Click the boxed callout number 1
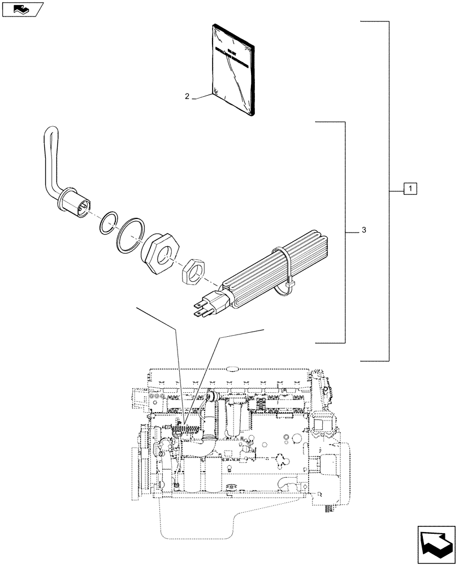pos(410,189)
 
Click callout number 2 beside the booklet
pos(187,96)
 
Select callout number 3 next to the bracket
pos(364,230)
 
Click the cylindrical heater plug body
pos(76,202)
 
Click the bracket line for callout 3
pos(345,232)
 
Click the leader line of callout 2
pos(202,98)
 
